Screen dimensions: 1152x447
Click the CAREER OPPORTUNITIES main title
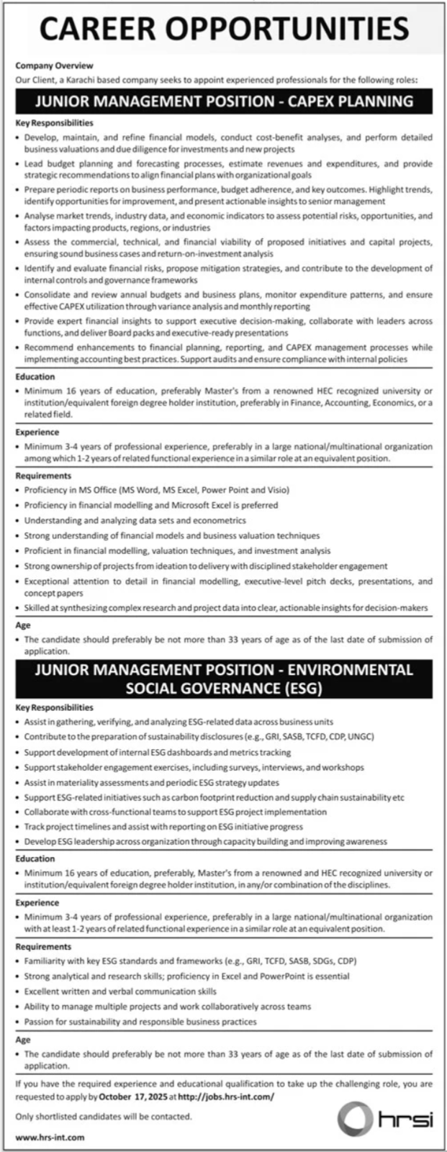(224, 30)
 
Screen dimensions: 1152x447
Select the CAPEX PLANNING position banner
(224, 101)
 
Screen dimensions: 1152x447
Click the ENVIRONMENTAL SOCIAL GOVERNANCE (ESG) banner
(224, 679)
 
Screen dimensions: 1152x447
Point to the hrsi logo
(386, 1119)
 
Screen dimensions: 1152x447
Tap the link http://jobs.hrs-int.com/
(225, 1097)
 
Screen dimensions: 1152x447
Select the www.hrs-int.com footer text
(50, 1137)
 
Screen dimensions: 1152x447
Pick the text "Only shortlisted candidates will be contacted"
(104, 1116)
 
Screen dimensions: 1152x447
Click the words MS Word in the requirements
(138, 489)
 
